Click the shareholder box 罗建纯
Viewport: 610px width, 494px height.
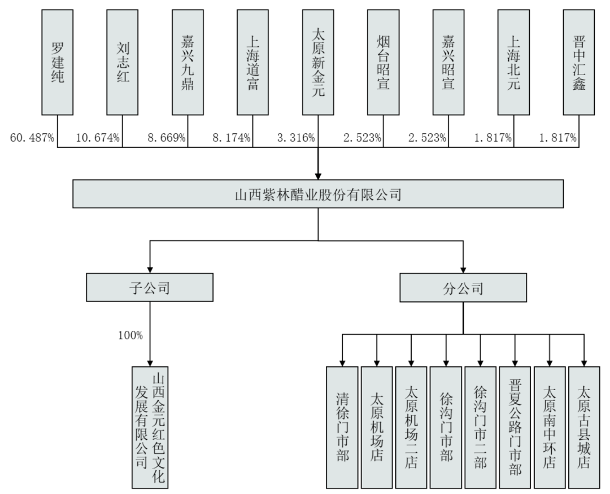click(57, 62)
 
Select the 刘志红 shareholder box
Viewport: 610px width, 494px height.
click(122, 62)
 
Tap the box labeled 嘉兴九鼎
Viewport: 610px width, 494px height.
click(188, 62)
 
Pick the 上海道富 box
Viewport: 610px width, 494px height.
click(252, 62)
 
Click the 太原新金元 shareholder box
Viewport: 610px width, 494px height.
click(318, 62)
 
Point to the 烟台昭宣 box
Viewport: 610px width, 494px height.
click(383, 62)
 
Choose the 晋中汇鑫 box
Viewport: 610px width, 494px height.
click(579, 62)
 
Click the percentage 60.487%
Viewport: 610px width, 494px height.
click(32, 138)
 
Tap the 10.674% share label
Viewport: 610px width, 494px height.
click(98, 138)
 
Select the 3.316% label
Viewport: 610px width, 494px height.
click(296, 138)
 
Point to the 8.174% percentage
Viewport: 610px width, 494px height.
click(232, 138)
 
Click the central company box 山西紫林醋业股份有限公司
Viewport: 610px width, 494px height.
click(318, 194)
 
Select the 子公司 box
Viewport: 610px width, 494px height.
click(150, 287)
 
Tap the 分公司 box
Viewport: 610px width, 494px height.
click(463, 287)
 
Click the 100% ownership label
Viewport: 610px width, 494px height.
click(130, 335)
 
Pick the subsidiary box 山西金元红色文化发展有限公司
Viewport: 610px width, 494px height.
click(150, 427)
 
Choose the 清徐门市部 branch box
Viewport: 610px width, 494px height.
click(342, 427)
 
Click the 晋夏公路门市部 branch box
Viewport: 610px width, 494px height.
click(515, 427)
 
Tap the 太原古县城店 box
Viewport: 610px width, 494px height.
click(584, 427)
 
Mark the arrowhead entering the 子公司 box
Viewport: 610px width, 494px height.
click(150, 270)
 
